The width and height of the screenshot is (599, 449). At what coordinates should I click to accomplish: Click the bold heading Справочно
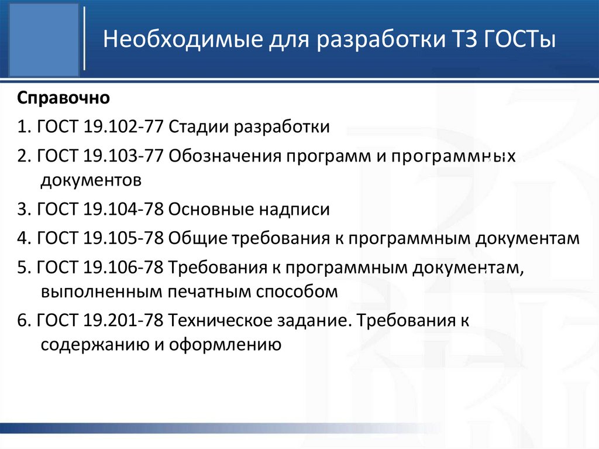(64, 97)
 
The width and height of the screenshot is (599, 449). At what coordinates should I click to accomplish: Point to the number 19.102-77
(123, 126)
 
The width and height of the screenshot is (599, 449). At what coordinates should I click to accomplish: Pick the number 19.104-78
(123, 209)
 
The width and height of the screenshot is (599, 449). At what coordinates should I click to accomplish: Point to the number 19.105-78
(123, 238)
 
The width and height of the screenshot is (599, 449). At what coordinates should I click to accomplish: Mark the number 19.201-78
(123, 321)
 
